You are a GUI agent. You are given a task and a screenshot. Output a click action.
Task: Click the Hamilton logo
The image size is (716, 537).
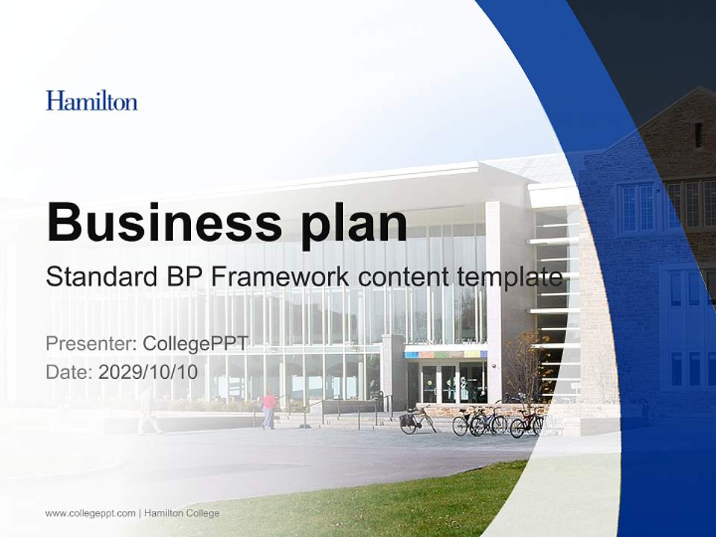[x=92, y=101]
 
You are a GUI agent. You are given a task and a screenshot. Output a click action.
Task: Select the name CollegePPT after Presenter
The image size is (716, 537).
[x=195, y=344]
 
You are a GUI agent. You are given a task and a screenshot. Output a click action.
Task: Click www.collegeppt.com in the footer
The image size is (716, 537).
[x=90, y=513]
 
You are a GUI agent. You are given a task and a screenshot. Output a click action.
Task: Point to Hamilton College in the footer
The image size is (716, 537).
[x=182, y=513]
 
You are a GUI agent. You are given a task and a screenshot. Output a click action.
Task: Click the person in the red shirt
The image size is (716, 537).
[x=268, y=409]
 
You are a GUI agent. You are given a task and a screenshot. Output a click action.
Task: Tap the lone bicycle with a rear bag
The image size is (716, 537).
[x=417, y=421]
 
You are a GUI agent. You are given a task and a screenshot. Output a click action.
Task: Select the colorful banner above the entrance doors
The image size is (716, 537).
[x=445, y=354]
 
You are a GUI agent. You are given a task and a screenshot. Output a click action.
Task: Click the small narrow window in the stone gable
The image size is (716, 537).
[x=698, y=135]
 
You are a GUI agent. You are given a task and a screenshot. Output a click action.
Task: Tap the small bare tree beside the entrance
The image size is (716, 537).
[x=525, y=365]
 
